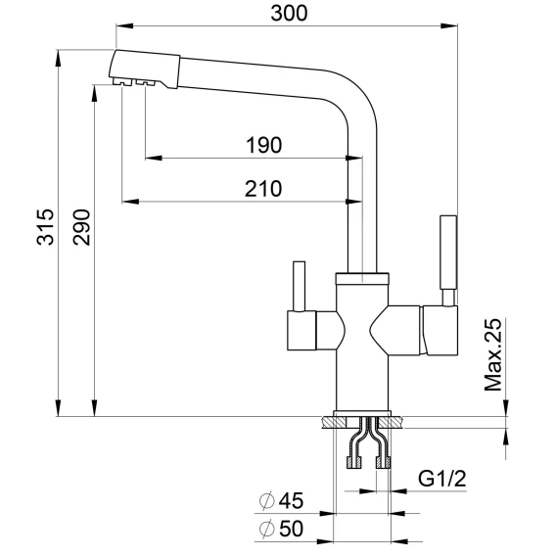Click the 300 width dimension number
tap(289, 14)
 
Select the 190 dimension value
tap(264, 146)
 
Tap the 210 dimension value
tap(263, 189)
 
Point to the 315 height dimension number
tap(45, 227)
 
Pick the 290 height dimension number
tap(81, 227)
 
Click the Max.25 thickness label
tap(493, 354)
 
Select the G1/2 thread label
tap(441, 479)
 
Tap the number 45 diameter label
tap(291, 500)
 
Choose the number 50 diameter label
tap(291, 529)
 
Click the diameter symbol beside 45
tap(267, 500)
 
